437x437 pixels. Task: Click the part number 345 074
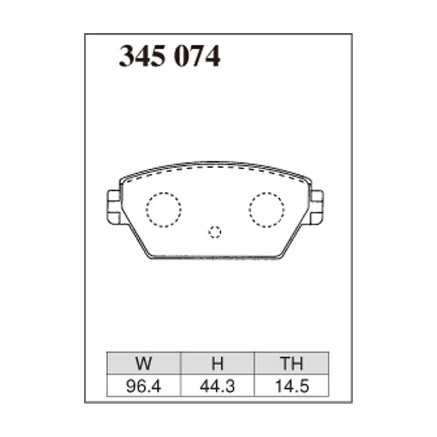pos(169,56)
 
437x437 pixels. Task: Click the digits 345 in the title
pos(143,56)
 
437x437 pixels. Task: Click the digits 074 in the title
pos(197,56)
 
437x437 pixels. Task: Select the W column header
pos(144,364)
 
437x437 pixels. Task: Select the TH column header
pos(292,364)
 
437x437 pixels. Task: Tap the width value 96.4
pos(144,387)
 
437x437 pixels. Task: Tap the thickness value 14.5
pos(292,387)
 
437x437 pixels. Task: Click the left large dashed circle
pos(163,210)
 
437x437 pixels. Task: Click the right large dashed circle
pos(267,209)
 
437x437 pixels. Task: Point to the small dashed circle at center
pos(215,232)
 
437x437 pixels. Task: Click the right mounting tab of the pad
pos(317,207)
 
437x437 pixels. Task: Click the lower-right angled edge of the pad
pos(295,238)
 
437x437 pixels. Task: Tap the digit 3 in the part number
pos(127,56)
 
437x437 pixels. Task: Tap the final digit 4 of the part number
pos(213,56)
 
